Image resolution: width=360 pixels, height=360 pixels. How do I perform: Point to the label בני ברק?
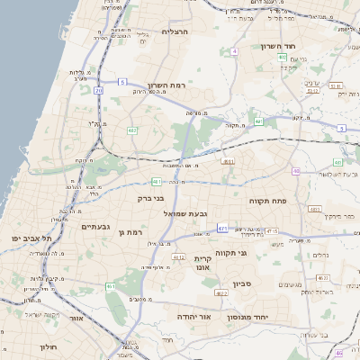point(150,198)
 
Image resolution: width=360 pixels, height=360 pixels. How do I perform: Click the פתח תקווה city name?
point(267,202)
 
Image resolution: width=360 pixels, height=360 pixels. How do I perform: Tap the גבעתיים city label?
point(103,229)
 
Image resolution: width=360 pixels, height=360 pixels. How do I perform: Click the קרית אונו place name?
point(202,263)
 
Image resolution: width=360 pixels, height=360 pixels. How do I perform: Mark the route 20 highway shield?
point(97,91)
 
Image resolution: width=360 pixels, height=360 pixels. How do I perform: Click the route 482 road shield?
point(132,130)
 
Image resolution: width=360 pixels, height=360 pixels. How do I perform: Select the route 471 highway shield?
point(222,229)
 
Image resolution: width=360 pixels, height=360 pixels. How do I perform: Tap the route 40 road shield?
point(295,171)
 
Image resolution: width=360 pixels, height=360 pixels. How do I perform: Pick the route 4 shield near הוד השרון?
point(235,51)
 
